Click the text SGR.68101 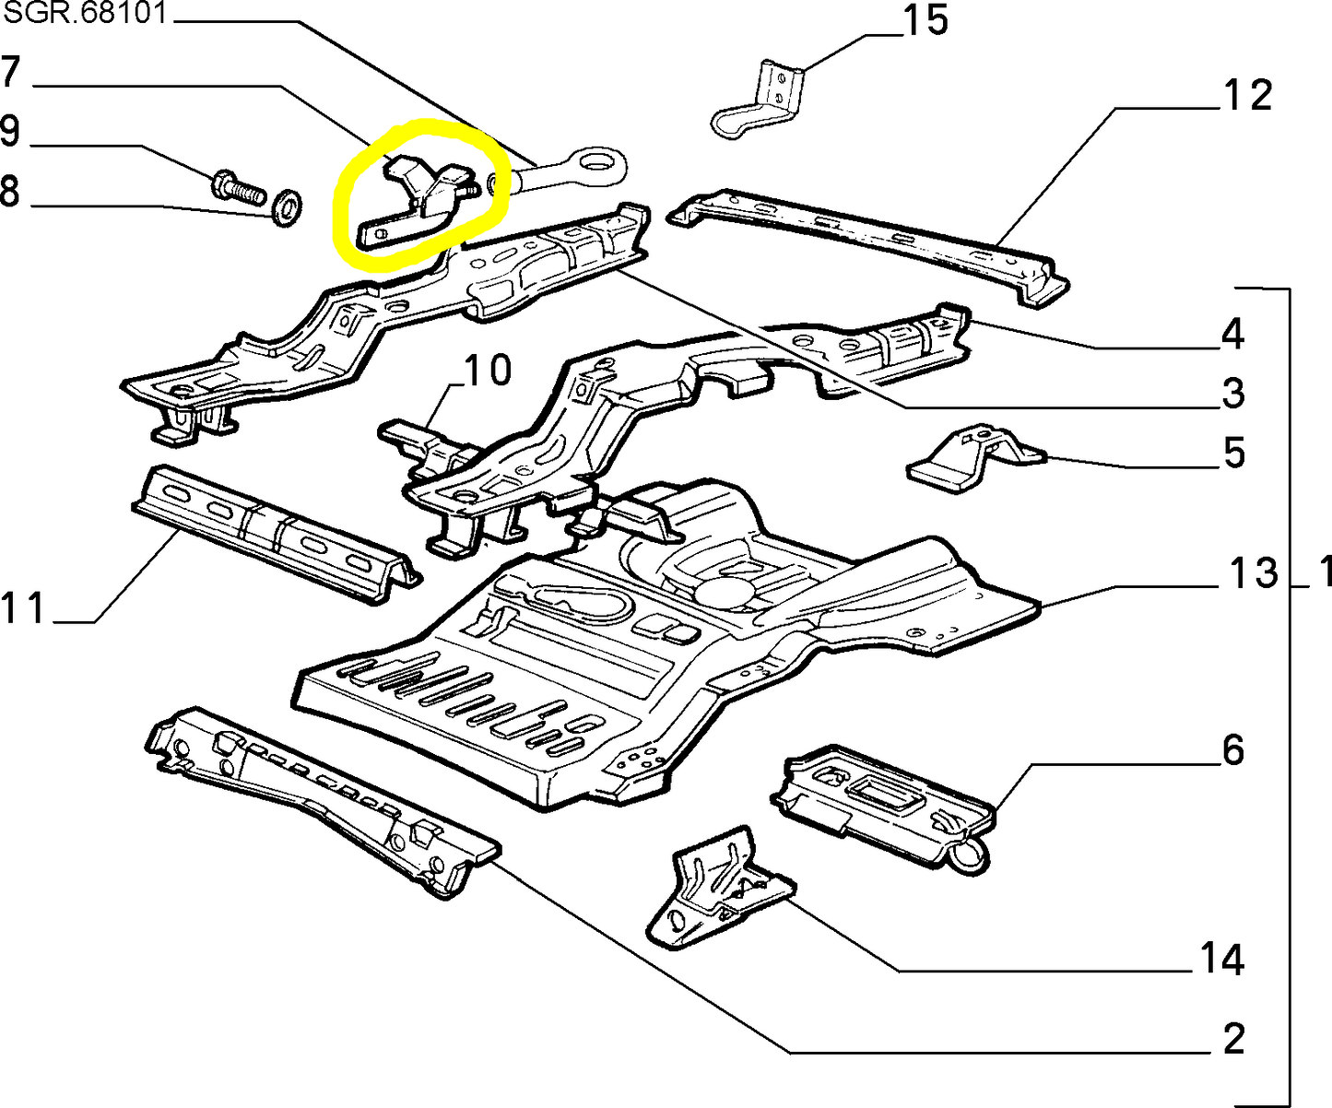(85, 16)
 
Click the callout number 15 (925, 20)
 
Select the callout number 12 (1247, 95)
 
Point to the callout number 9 (10, 131)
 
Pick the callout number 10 (487, 371)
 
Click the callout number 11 (24, 608)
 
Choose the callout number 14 (1222, 960)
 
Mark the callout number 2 (1233, 1039)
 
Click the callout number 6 (1233, 750)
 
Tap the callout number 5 (1234, 454)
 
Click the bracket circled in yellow (419, 195)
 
